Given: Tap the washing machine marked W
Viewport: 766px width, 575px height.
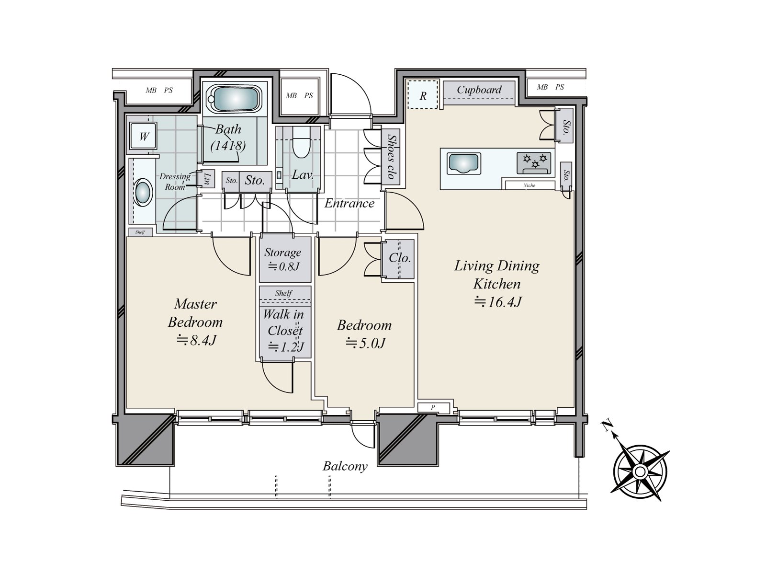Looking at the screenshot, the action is (144, 136).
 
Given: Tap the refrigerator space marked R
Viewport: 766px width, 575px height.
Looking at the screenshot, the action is (423, 95).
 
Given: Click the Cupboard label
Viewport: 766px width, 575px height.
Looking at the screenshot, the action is (479, 90).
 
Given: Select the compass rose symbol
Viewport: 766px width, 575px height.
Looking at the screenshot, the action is (640, 472).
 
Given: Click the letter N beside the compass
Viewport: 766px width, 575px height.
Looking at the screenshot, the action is (607, 425).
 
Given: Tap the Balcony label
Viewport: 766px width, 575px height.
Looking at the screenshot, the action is (345, 466).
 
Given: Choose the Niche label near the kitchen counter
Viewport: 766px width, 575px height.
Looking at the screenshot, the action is (529, 185).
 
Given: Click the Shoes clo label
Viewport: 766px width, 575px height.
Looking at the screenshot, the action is (391, 157).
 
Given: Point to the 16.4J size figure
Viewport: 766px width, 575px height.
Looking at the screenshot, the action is (498, 302).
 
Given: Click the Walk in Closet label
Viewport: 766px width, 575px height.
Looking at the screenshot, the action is (284, 322).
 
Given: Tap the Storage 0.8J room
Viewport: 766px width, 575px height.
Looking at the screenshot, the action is (285, 259).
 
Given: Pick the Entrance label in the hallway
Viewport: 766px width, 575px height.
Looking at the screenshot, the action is (349, 203).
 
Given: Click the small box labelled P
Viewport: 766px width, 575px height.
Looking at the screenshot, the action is (433, 407).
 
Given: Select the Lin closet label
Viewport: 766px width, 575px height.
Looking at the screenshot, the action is (207, 179).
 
